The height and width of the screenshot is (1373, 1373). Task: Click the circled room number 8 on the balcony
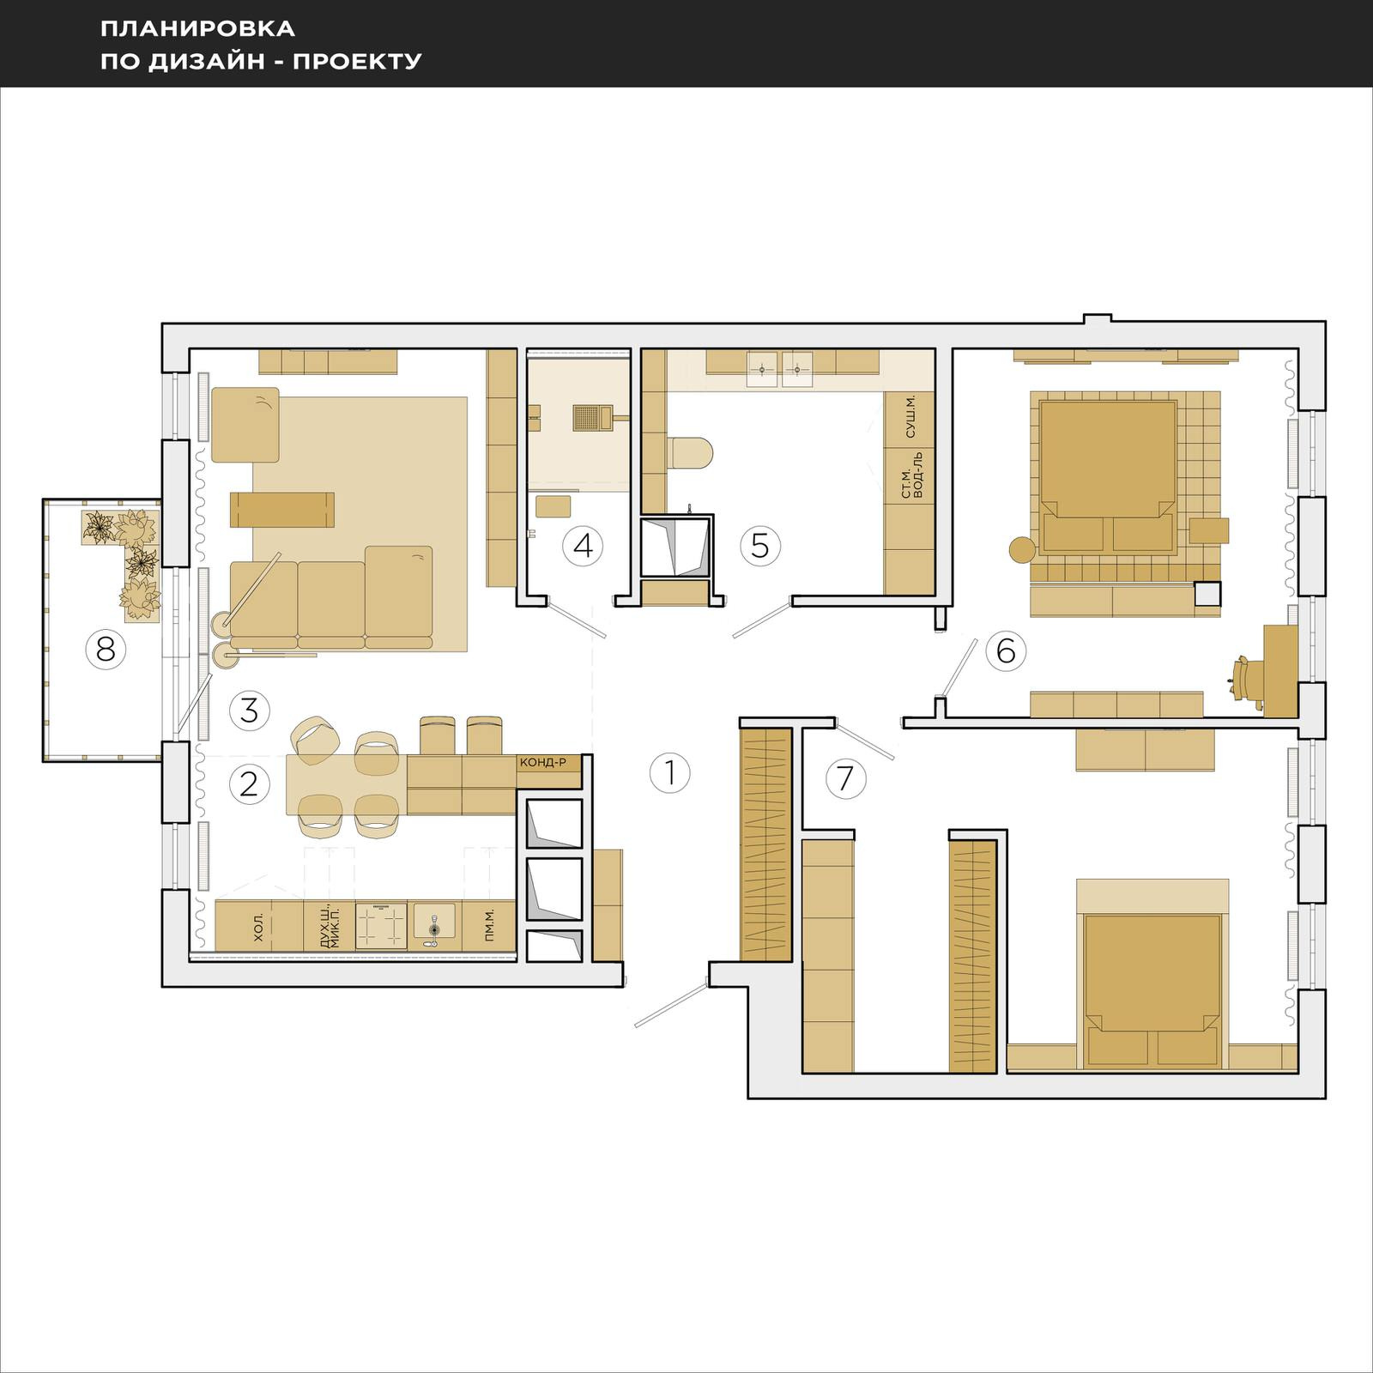[106, 650]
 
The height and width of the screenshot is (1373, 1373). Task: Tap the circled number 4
[584, 546]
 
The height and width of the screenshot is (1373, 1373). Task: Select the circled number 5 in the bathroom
[760, 546]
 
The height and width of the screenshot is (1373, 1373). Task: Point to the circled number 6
[1006, 650]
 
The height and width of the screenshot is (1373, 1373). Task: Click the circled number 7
[845, 778]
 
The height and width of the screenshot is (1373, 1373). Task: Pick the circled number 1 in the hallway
[670, 773]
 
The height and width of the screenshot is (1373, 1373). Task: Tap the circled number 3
[250, 711]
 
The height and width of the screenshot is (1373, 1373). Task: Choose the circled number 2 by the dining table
[250, 783]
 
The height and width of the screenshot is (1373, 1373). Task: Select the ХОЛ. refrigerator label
[259, 928]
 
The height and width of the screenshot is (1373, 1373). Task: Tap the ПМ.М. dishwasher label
[489, 927]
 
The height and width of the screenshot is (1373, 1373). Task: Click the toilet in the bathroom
[688, 454]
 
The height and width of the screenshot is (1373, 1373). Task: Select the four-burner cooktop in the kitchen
[381, 926]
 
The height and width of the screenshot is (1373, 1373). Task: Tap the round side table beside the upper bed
[1022, 549]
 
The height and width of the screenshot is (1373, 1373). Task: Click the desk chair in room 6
[1243, 682]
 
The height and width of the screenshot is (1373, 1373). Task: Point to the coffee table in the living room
[281, 510]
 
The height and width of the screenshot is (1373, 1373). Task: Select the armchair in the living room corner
[246, 425]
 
